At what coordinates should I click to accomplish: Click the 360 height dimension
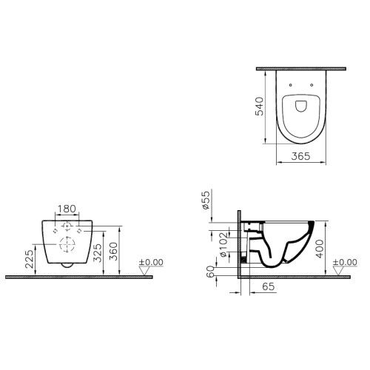point(112,252)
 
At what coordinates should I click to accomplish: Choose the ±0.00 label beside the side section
point(344,262)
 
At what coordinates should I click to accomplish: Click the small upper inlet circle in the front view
point(67,225)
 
